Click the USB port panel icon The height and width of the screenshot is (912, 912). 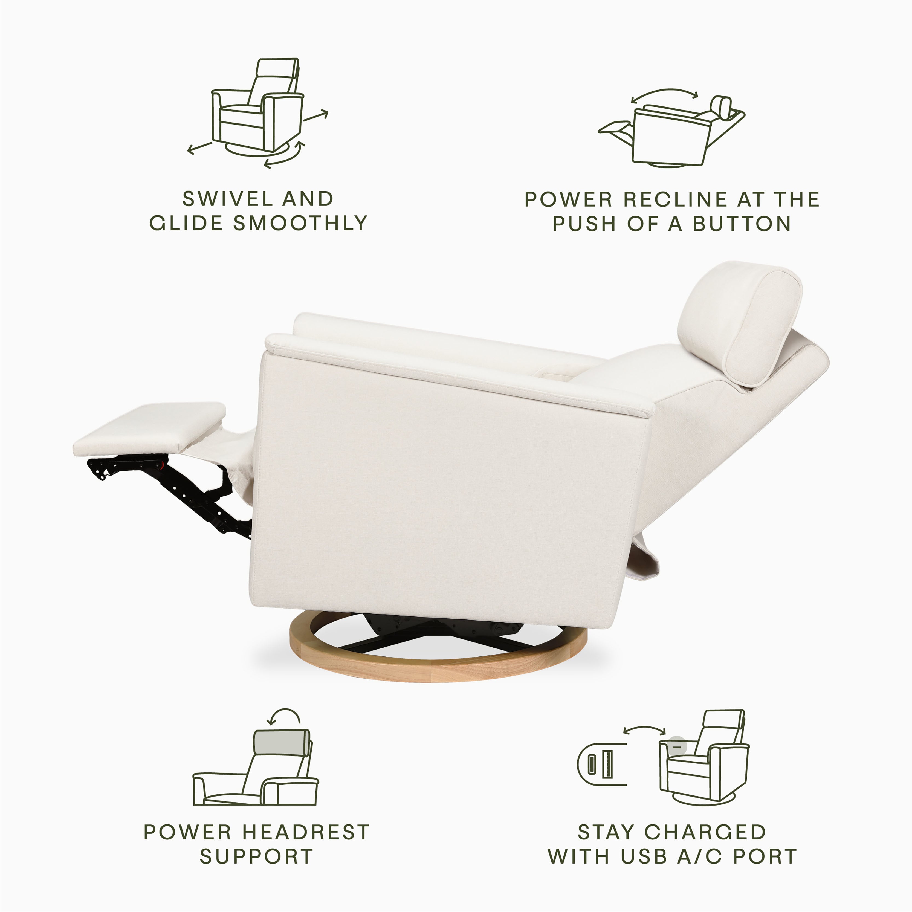coord(600,764)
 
